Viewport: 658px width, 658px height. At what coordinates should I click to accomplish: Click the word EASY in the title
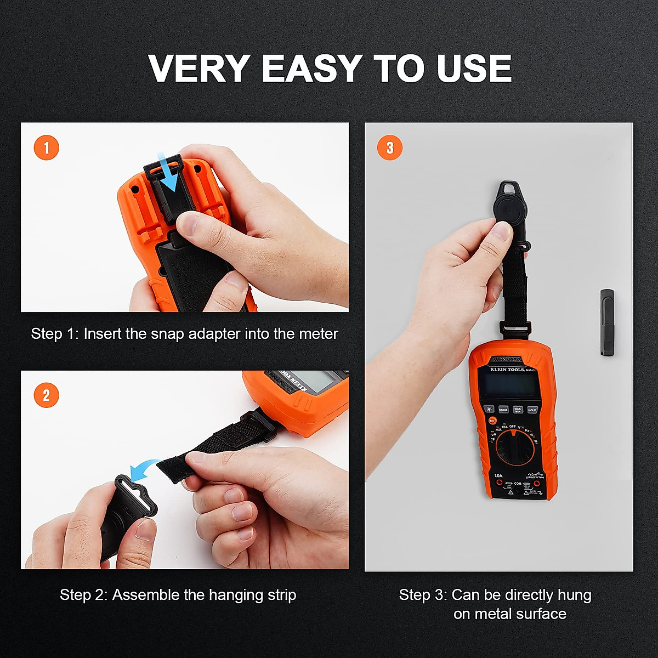(311, 69)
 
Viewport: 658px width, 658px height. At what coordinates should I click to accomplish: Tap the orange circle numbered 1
(46, 148)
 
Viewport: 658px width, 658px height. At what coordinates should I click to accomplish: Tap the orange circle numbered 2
(46, 395)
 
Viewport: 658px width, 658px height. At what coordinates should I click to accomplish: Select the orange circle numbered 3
(389, 148)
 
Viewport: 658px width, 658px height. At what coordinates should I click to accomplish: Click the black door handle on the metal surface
(606, 322)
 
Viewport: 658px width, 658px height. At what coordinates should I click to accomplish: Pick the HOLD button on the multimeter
(532, 410)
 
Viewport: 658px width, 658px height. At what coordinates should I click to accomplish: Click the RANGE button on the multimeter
(503, 410)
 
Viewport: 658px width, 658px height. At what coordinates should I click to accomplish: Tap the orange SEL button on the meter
(492, 421)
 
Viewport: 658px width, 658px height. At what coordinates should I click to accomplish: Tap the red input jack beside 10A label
(500, 483)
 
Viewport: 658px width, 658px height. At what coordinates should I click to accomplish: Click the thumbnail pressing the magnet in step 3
(501, 229)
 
